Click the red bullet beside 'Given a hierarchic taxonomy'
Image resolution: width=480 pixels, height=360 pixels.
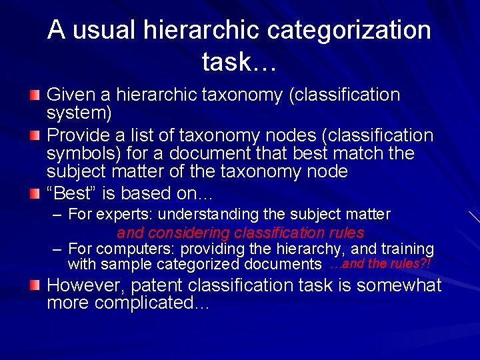point(35,95)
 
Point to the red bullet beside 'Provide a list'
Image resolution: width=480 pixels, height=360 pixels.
point(35,136)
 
